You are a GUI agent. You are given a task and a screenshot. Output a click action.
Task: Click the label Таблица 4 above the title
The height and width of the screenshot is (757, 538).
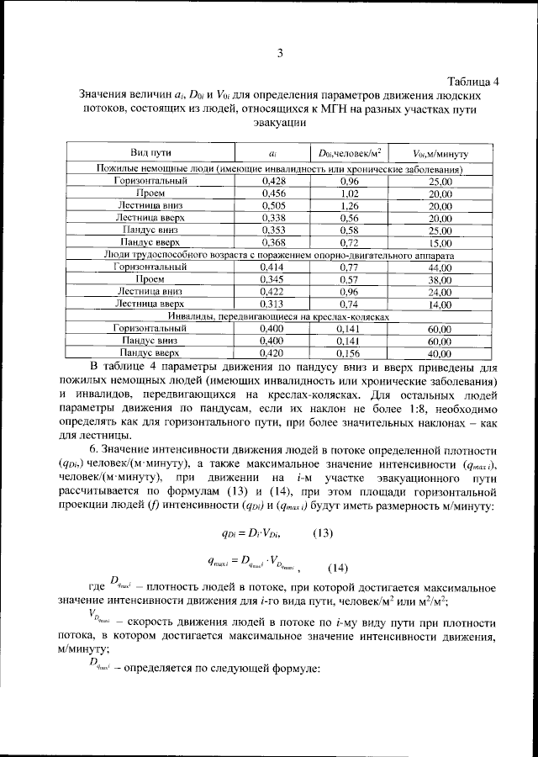472,82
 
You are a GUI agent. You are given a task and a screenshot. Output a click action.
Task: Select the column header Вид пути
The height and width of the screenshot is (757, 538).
151,153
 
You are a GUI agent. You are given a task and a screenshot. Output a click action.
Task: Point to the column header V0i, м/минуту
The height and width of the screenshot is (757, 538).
440,154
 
